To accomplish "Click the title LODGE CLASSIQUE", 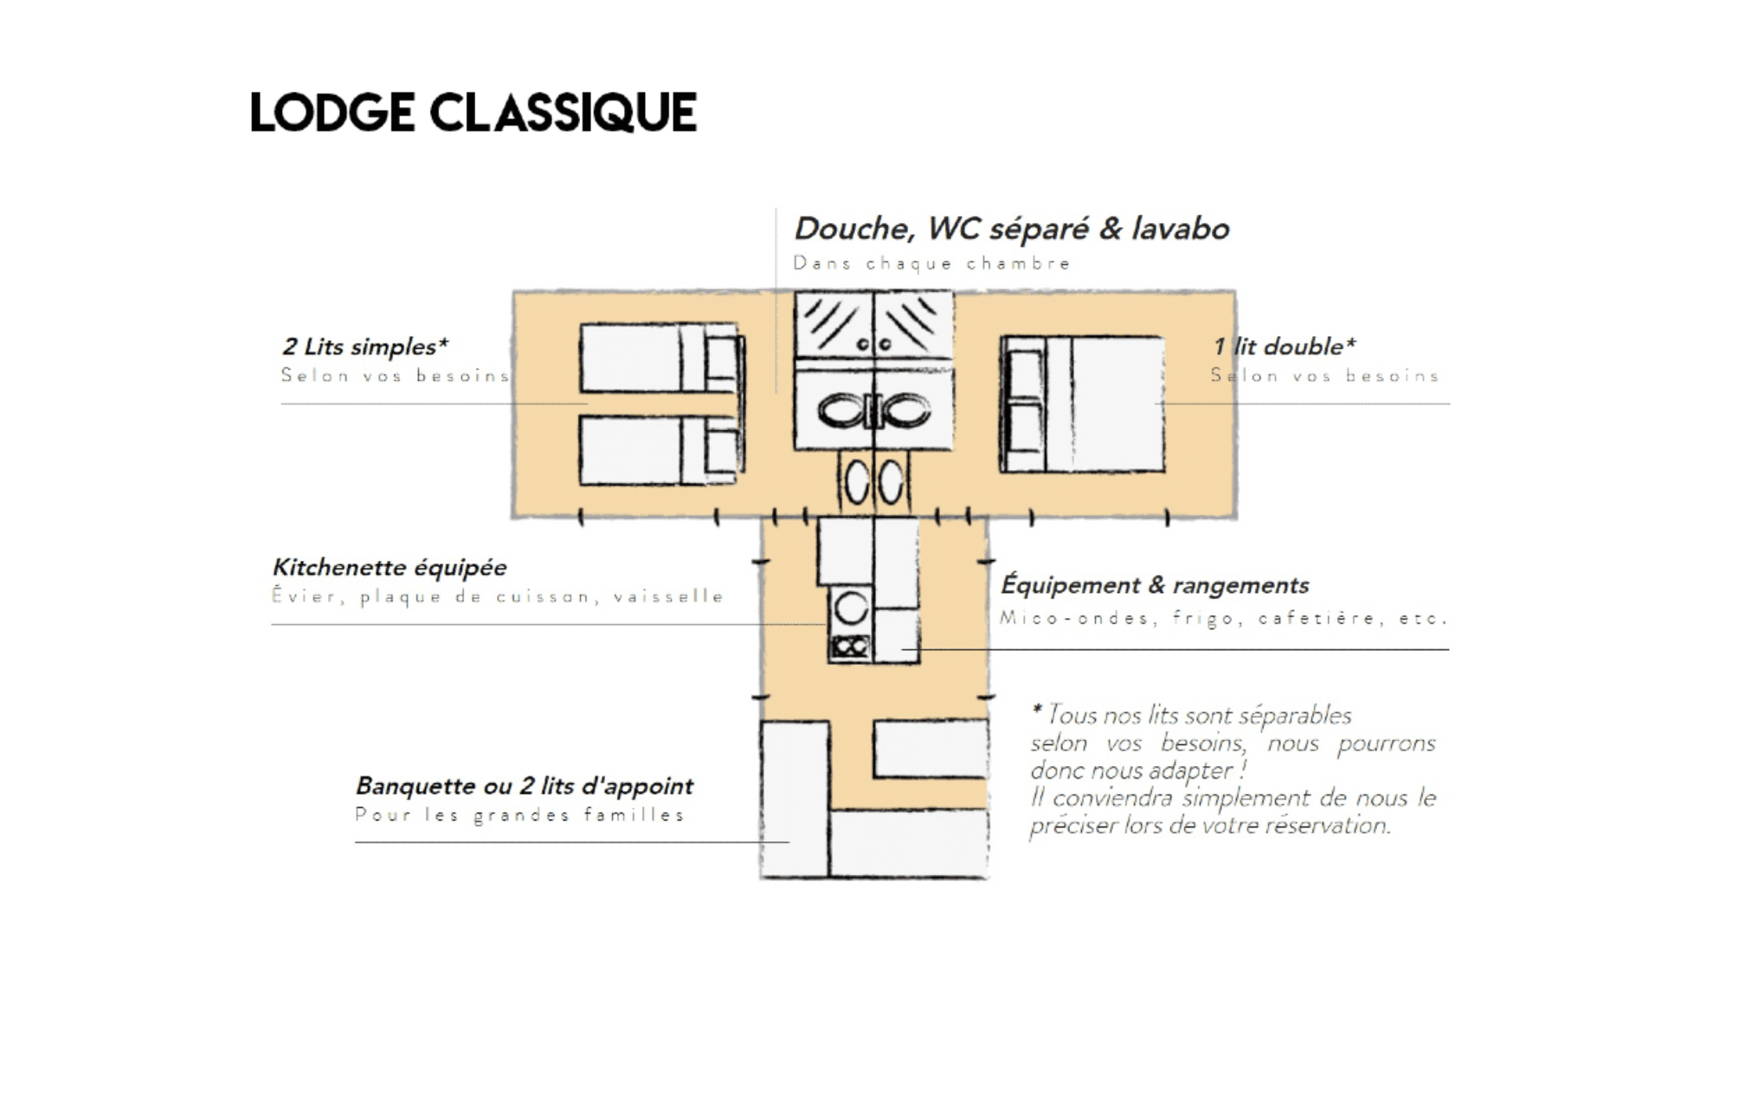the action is click(x=473, y=113).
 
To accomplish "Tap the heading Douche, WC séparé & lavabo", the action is click(x=1012, y=229).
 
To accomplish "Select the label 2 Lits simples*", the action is click(x=365, y=346).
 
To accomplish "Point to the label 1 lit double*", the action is click(x=1285, y=346).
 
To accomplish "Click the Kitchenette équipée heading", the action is click(x=390, y=568).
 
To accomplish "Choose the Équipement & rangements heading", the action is click(x=1155, y=585).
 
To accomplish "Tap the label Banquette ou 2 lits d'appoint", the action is click(x=524, y=786).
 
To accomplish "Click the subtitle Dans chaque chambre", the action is click(x=932, y=263).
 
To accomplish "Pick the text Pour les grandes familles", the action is click(x=519, y=815).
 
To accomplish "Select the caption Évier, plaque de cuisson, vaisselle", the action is click(x=498, y=596).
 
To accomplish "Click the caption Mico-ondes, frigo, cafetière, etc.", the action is click(x=1224, y=618).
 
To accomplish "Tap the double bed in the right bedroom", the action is click(x=1082, y=404).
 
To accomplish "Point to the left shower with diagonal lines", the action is click(x=834, y=325).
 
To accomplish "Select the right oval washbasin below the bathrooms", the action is click(x=891, y=482).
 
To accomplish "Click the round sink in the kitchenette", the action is click(x=851, y=608).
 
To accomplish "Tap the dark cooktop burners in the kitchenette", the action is click(x=850, y=646).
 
